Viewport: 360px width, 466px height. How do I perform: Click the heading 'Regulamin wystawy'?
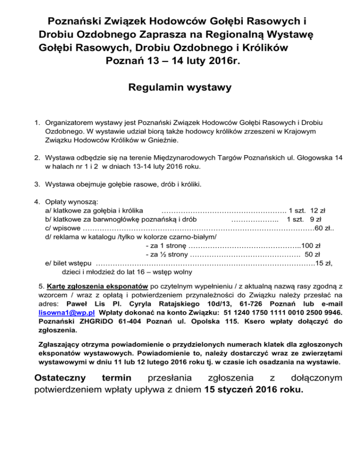click(180, 87)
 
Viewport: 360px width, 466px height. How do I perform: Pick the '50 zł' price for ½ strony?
click(312, 255)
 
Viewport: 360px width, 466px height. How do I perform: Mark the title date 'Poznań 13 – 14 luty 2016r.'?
click(173, 60)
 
